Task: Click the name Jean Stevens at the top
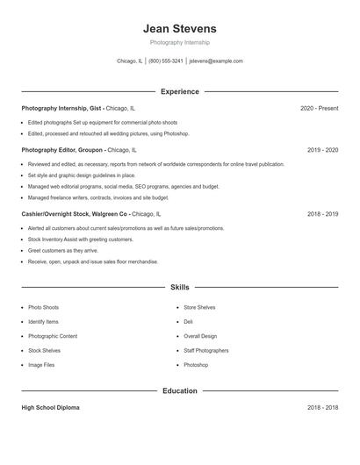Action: (x=179, y=28)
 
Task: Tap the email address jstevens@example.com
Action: (x=216, y=61)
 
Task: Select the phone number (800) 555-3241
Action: (x=166, y=61)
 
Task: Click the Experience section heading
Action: (x=179, y=91)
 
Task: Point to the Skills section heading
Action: (x=179, y=287)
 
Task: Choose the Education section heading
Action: (x=179, y=390)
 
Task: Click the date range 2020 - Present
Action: (x=319, y=108)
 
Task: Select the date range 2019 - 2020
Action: (x=322, y=150)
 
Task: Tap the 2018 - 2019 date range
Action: (x=322, y=213)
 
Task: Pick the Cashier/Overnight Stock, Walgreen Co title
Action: (x=75, y=213)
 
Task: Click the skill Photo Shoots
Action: (x=43, y=308)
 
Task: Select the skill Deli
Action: (x=188, y=322)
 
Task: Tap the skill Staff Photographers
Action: (x=205, y=350)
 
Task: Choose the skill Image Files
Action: (x=41, y=364)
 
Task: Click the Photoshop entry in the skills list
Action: (x=196, y=364)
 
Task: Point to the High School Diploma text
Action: (x=50, y=408)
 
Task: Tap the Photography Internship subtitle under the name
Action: (x=179, y=42)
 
